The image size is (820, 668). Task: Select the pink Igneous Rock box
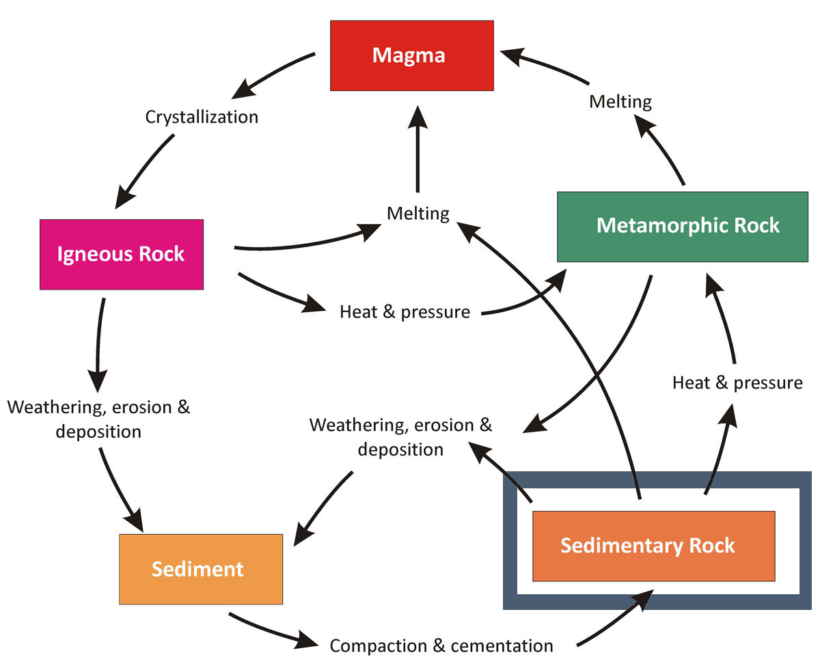click(122, 254)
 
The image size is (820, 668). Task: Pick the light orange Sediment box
click(201, 569)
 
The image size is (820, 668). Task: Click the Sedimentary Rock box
click(653, 546)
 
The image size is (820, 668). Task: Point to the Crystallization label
click(202, 117)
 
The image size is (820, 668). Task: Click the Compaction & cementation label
click(441, 645)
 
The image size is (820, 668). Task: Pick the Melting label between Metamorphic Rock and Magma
click(620, 102)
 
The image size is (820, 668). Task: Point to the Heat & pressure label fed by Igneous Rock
click(405, 312)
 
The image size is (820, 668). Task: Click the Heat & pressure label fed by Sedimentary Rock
click(737, 382)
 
